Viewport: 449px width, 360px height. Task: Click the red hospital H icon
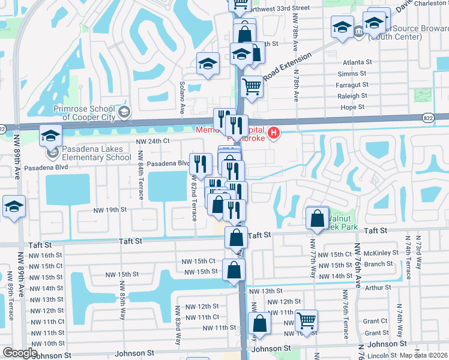[x=274, y=132]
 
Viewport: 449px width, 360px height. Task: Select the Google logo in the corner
[x=20, y=353]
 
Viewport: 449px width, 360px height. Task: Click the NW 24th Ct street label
[x=154, y=141]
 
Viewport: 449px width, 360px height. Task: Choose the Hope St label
[x=352, y=107]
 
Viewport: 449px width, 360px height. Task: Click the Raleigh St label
[x=352, y=96]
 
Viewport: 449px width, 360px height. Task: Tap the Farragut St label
[x=352, y=85]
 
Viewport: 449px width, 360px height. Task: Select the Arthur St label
[x=377, y=287]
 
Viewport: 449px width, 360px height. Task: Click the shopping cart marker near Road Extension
[x=252, y=86]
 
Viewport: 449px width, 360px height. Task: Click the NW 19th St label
[x=109, y=209]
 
